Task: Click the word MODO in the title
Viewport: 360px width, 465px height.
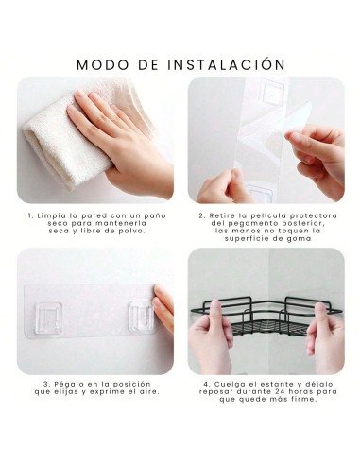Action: [x=103, y=64]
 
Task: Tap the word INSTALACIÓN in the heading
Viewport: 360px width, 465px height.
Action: [x=226, y=63]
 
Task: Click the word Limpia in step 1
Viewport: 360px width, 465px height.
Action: [x=52, y=216]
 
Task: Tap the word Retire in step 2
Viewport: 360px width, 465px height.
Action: [x=222, y=215]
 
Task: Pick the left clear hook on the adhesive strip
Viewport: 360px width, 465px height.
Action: [x=48, y=318]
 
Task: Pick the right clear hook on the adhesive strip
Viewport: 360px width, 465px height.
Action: [x=141, y=317]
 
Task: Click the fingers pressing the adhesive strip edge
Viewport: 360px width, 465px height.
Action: [x=163, y=308]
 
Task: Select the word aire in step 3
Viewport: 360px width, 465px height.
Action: [x=149, y=392]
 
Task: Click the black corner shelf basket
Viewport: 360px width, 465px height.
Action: [x=266, y=317]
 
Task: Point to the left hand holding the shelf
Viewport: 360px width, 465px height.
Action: [x=212, y=336]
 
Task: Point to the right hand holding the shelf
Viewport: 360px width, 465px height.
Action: [x=325, y=337]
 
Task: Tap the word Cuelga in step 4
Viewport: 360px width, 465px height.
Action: [x=228, y=385]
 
